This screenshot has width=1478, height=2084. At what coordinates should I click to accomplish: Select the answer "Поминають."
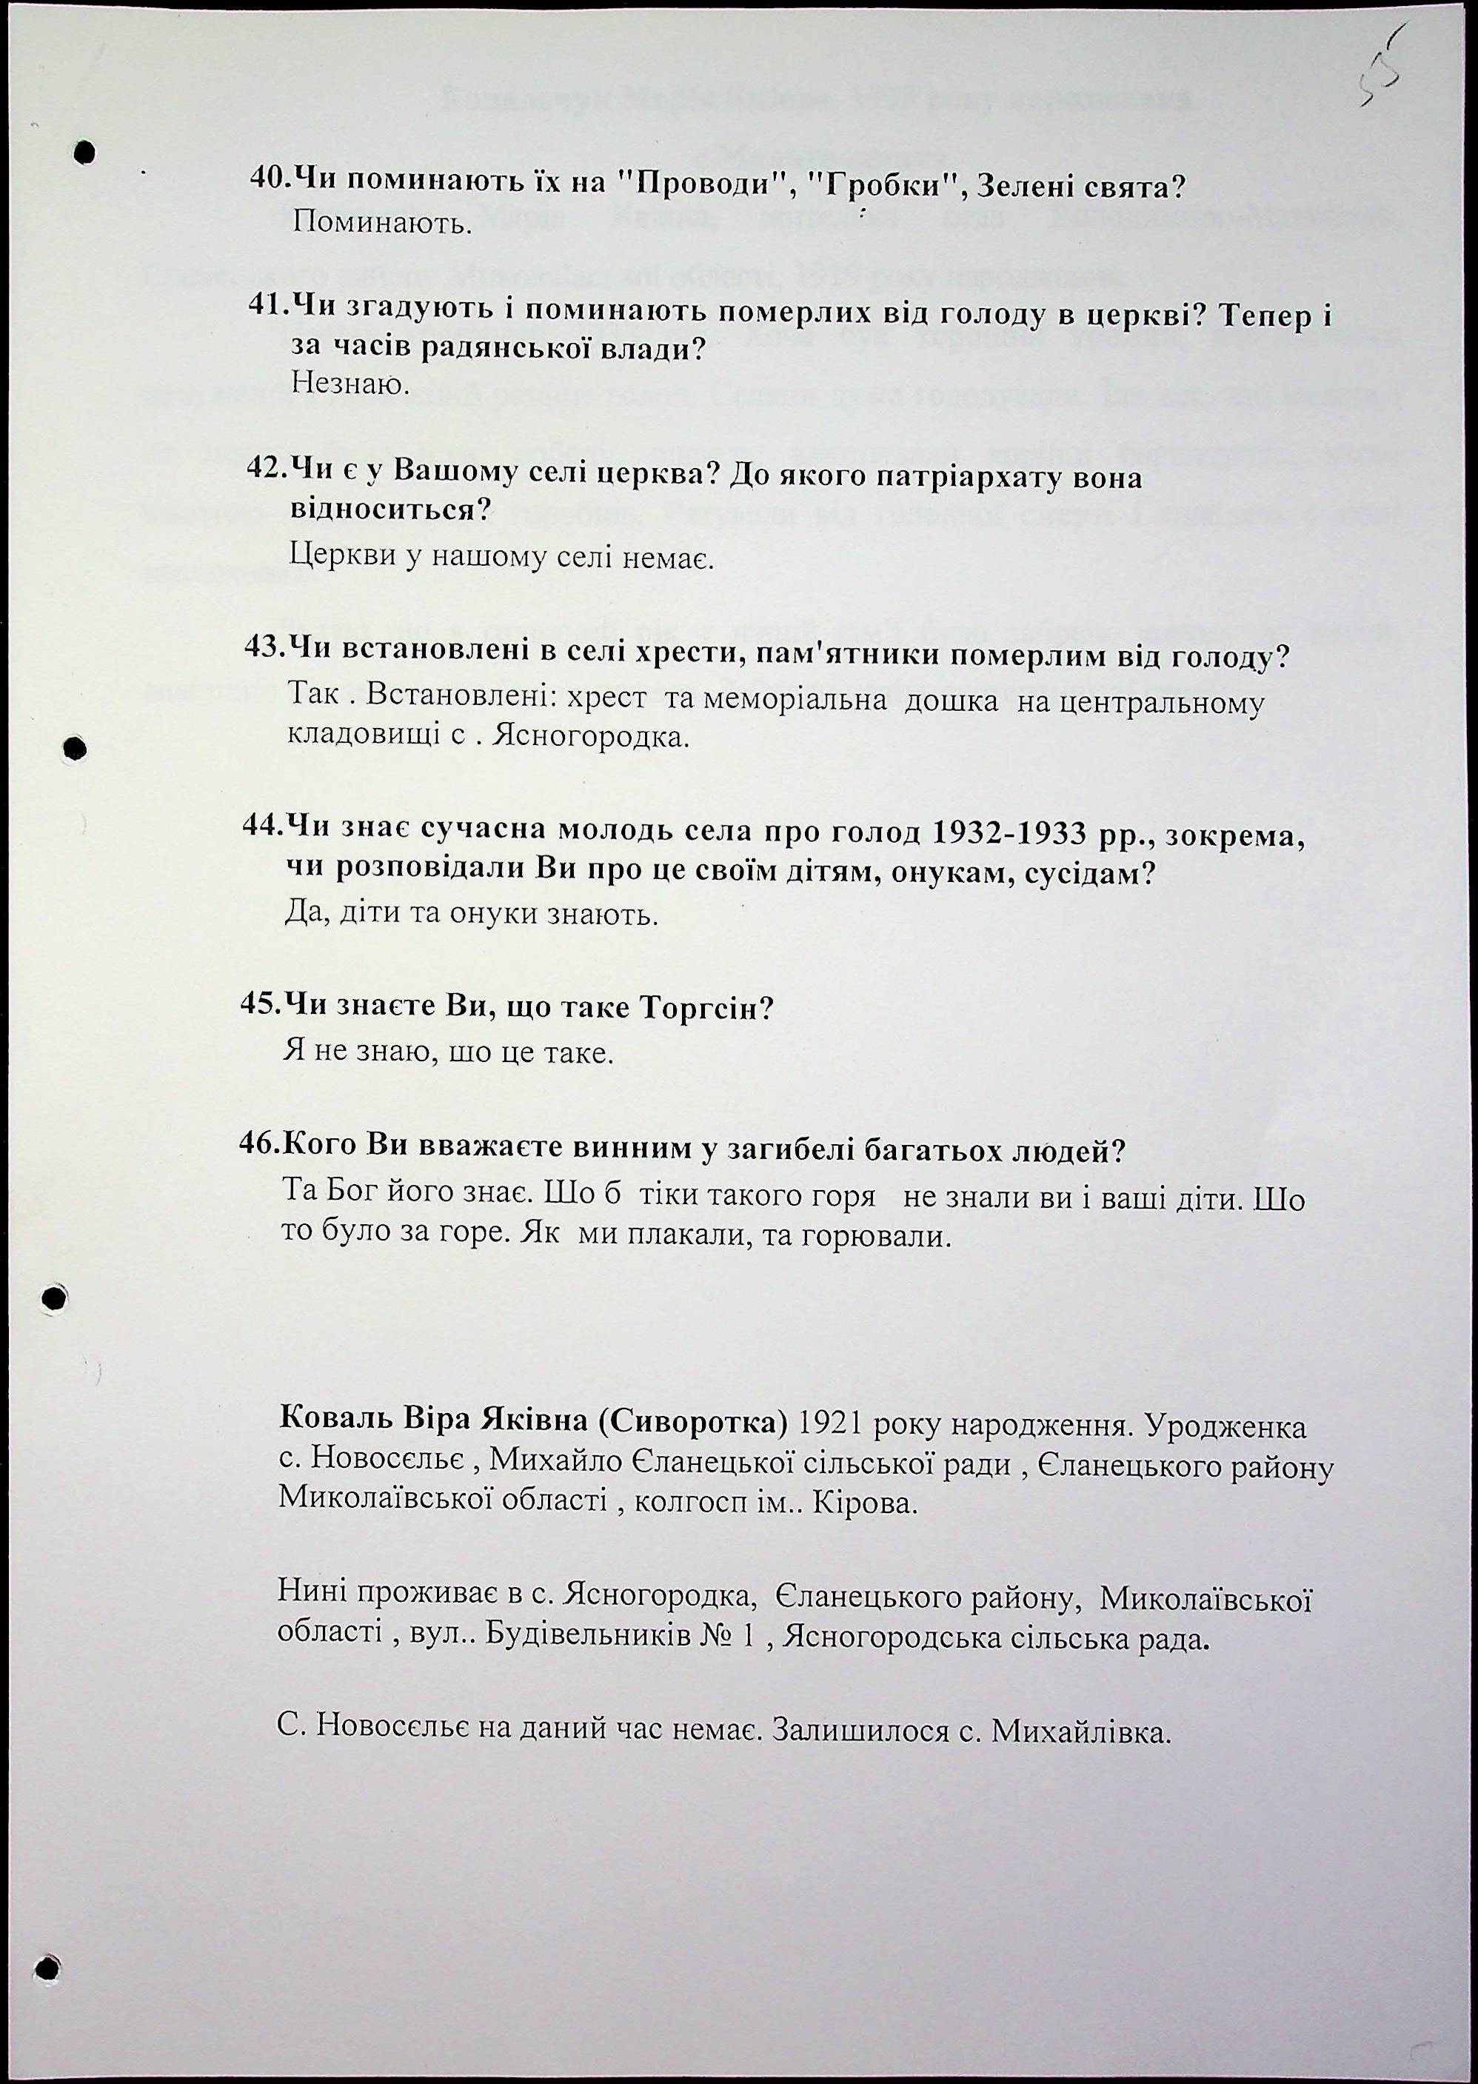(381, 223)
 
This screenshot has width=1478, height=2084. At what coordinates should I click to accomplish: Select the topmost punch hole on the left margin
(84, 151)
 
